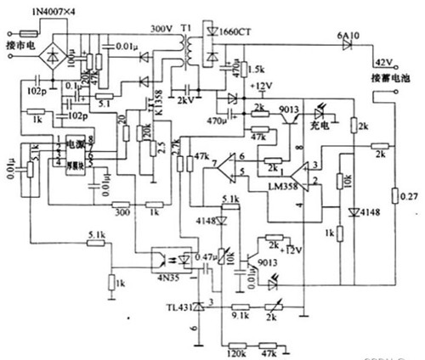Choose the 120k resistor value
point(235,348)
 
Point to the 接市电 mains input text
point(20,42)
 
